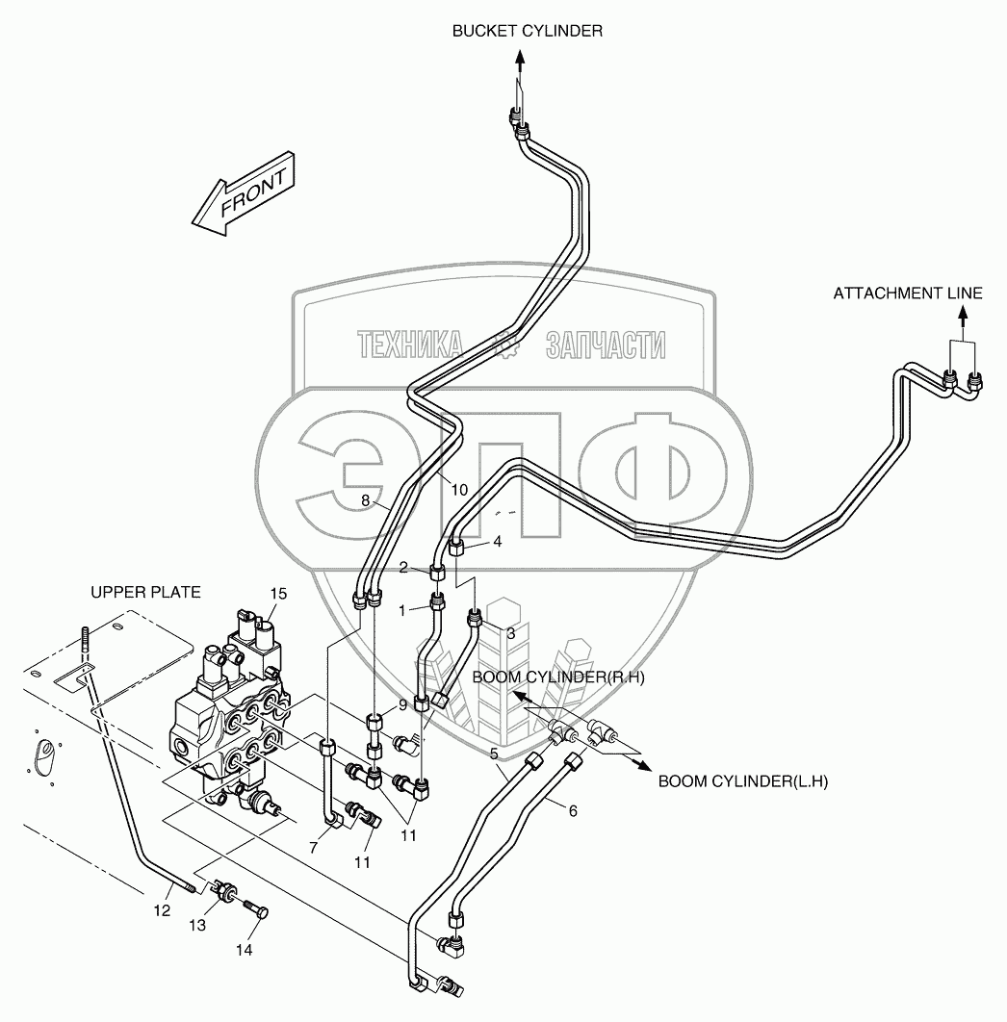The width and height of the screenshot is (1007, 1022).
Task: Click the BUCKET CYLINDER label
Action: (528, 31)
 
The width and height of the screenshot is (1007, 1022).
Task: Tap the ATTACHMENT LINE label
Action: (908, 294)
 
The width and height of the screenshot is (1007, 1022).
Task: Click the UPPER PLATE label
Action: (145, 593)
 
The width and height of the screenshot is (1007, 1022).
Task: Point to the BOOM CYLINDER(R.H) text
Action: (557, 677)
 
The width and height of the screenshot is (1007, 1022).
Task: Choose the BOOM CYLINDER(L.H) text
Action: (742, 781)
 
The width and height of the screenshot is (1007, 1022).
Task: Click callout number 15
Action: (278, 594)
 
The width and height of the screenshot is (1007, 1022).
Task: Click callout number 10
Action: (458, 490)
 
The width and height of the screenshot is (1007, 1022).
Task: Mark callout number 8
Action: (366, 499)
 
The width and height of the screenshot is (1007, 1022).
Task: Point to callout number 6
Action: (573, 811)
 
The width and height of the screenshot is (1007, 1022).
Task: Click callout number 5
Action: (493, 753)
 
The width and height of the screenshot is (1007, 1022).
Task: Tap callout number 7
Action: (313, 846)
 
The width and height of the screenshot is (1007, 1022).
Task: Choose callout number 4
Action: (497, 542)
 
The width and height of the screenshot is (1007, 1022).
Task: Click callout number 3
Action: (510, 633)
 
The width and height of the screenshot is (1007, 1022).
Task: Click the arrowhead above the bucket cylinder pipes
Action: (519, 57)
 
